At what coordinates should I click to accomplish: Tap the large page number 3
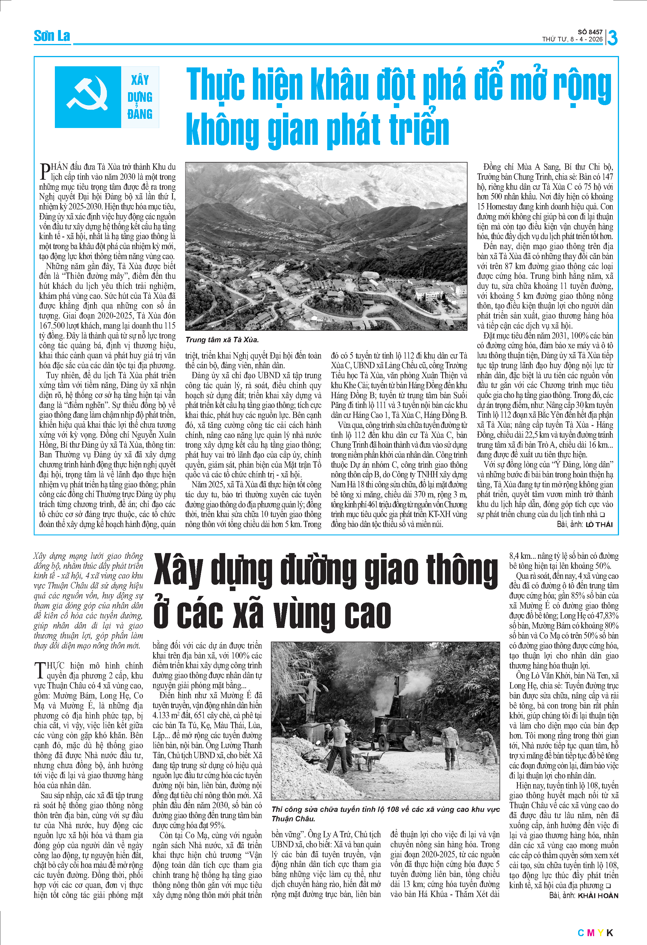click(612, 38)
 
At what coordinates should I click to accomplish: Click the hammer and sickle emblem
click(87, 97)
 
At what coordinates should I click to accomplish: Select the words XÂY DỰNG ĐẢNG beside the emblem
click(140, 97)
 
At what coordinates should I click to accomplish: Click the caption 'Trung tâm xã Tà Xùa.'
click(222, 340)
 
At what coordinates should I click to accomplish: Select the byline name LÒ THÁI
click(599, 524)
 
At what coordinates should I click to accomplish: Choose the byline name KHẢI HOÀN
click(598, 895)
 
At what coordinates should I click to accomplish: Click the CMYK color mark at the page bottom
click(595, 933)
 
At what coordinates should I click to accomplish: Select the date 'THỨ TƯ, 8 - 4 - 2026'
click(572, 39)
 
